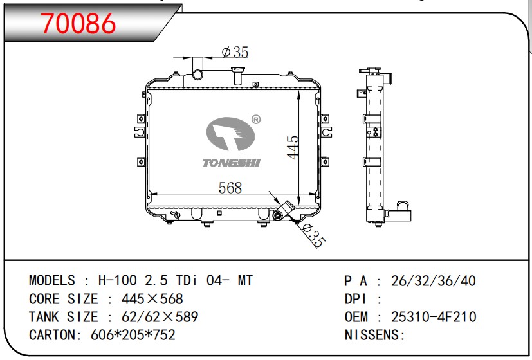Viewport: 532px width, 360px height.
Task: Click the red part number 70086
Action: click(78, 23)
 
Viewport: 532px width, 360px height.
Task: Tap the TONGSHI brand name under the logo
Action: click(232, 163)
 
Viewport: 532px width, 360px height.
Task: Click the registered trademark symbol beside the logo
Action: click(256, 120)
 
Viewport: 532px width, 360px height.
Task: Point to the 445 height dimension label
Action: click(293, 147)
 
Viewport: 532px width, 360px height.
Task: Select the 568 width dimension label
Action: click(230, 188)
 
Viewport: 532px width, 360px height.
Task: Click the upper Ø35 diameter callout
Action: click(235, 52)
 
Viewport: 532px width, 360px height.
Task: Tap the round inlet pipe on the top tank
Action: click(197, 74)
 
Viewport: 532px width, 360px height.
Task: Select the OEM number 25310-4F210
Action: click(434, 317)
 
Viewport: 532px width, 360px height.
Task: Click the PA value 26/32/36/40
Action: click(434, 281)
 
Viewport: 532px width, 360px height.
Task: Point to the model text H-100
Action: click(118, 281)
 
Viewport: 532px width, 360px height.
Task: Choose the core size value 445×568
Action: click(152, 299)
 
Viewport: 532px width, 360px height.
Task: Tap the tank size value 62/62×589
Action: click(160, 317)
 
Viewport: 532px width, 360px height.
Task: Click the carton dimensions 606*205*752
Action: click(133, 335)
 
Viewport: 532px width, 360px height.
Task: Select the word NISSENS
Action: click(372, 335)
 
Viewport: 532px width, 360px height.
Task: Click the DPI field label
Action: click(356, 299)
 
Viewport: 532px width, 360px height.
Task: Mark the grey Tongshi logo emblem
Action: click(230, 134)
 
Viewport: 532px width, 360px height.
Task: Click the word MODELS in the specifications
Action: click(52, 281)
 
